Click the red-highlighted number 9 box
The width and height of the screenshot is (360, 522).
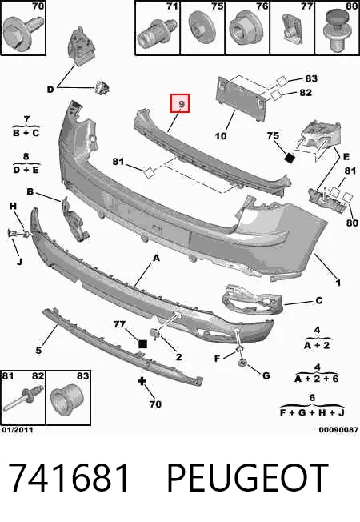pos(180,103)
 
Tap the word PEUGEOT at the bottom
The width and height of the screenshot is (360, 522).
pos(247,477)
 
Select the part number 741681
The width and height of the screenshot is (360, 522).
pos(69,477)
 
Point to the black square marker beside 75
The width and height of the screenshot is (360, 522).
pos(290,158)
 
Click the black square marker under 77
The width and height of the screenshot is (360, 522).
pos(142,344)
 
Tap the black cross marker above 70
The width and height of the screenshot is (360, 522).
pos(142,381)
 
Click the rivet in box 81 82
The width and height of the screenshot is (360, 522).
pos(23,400)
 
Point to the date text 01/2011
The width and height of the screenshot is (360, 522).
pos(18,429)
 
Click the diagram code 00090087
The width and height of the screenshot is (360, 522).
pos(338,430)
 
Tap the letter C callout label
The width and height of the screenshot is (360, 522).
pos(318,300)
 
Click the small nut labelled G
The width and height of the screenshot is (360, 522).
pos(243,362)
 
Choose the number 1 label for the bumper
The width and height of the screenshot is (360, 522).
pos(338,283)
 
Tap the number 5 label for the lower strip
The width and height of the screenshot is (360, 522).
pos(39,350)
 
